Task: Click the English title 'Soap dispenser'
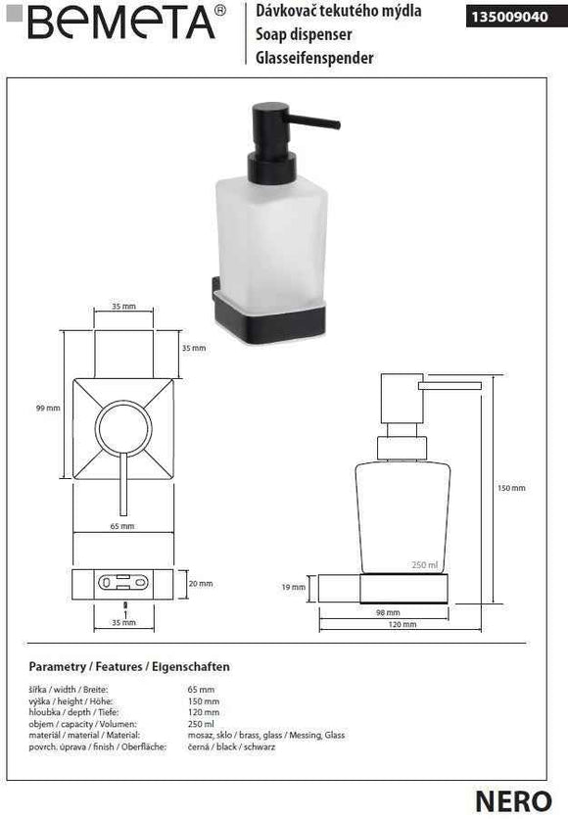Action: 297,35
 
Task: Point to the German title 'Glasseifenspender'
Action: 314,58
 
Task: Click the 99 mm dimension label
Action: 46,409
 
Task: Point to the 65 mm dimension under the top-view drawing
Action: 123,527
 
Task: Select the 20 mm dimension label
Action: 200,584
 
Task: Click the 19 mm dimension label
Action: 294,588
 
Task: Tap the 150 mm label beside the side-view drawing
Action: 511,488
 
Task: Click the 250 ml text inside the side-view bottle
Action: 424,564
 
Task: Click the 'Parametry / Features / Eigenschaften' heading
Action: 129,667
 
